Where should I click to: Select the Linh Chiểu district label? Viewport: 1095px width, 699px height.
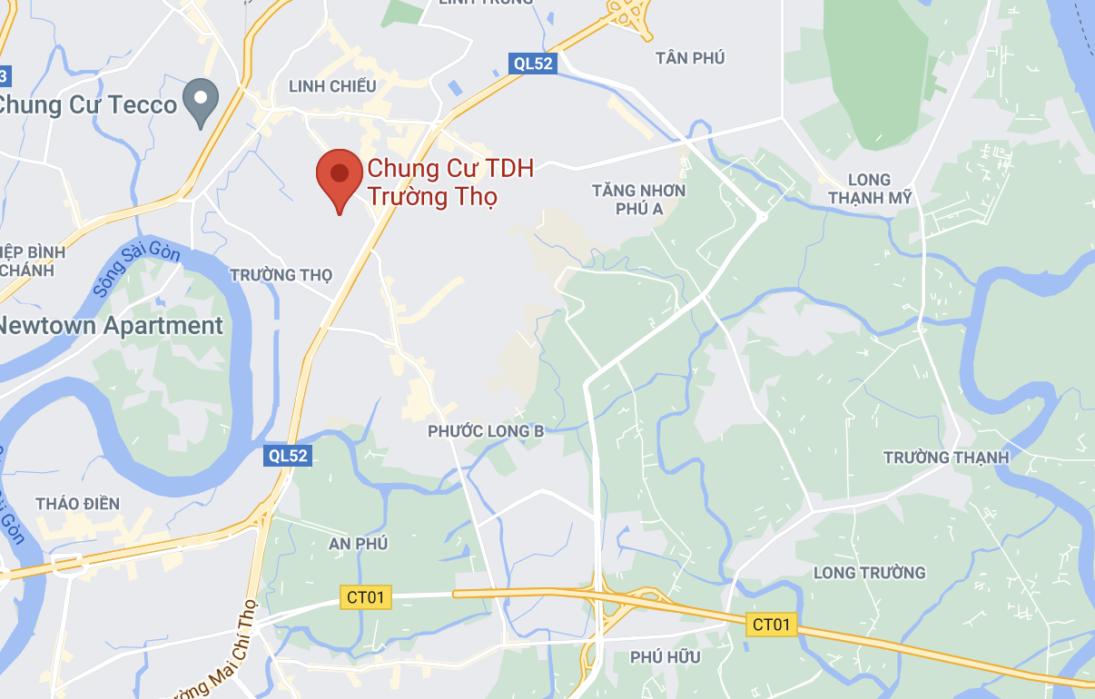click(x=331, y=86)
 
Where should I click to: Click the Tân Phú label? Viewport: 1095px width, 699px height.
click(x=690, y=58)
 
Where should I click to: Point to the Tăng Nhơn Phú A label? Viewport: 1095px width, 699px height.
click(x=639, y=200)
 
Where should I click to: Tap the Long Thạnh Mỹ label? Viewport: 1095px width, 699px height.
click(x=869, y=189)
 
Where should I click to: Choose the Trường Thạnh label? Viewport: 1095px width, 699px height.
click(x=946, y=457)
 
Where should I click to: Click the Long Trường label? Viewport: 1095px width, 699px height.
click(x=869, y=572)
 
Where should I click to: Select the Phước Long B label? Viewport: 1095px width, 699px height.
click(x=486, y=431)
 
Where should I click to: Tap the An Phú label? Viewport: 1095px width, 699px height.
click(x=358, y=543)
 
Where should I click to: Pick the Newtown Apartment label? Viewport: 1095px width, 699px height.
click(x=111, y=326)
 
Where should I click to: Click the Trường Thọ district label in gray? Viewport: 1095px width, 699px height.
click(x=281, y=274)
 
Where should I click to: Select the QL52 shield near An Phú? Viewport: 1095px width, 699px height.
click(x=288, y=456)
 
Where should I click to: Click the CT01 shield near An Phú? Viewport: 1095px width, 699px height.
click(x=366, y=596)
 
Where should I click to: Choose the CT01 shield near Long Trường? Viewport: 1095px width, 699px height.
click(x=773, y=625)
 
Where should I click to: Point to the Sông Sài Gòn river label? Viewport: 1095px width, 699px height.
click(x=136, y=271)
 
